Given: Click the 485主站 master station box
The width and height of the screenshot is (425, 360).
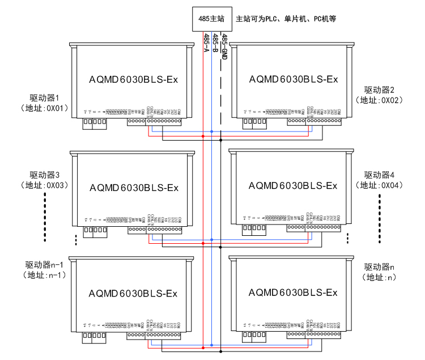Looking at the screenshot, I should click(210, 19).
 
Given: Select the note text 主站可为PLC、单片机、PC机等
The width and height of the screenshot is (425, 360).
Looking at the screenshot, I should click(286, 19).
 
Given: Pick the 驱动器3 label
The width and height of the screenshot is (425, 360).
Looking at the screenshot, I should click(45, 175).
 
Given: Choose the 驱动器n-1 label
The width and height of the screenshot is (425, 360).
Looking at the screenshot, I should click(45, 265).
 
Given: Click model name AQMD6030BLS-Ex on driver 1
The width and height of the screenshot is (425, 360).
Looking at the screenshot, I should click(133, 79).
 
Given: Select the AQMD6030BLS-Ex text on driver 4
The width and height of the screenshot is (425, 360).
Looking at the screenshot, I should click(293, 185).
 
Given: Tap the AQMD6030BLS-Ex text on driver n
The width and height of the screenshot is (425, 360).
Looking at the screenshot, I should click(293, 293).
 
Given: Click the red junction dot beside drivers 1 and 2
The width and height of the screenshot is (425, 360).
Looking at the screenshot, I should click(203, 136).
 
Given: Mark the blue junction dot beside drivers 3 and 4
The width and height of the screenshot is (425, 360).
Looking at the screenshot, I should click(212, 240).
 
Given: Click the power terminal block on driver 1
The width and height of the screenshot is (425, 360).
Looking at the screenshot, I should click(94, 122).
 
